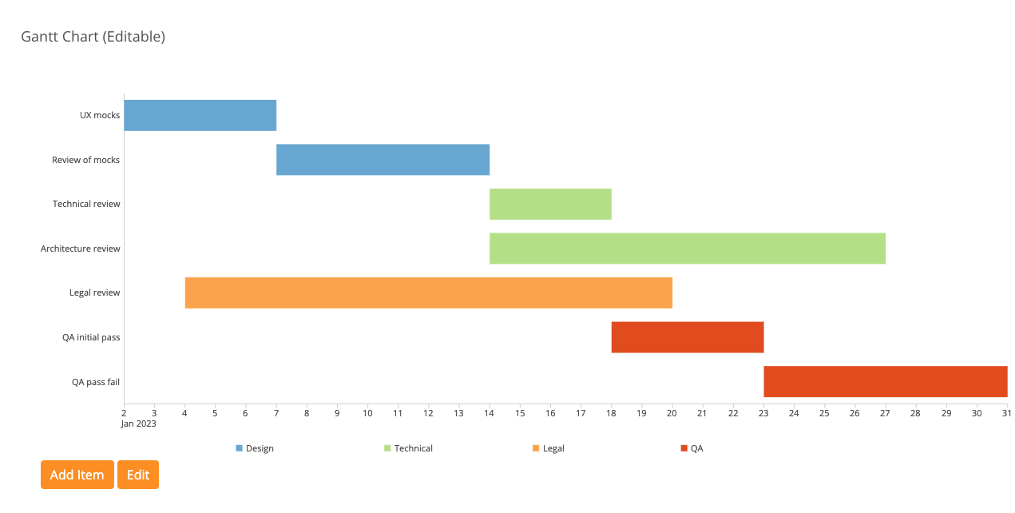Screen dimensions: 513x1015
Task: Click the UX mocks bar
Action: coord(200,115)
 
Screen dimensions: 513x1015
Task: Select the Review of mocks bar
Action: coord(383,160)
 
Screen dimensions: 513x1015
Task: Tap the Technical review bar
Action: coord(550,204)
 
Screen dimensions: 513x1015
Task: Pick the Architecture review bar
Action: coord(687,249)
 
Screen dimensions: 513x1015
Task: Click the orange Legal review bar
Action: coord(428,292)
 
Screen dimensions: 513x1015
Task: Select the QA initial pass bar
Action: coord(688,337)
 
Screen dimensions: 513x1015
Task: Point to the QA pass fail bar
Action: coord(885,381)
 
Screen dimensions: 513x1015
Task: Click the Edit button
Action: coord(138,475)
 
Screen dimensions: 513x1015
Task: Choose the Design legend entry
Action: coord(255,448)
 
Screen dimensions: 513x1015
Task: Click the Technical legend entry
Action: coord(408,448)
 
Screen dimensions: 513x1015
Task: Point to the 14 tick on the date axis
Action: coord(490,413)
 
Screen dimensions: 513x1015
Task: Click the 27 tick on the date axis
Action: coord(885,413)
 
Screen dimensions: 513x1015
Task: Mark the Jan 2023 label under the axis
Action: coord(139,424)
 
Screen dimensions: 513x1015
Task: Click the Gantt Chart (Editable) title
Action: coord(93,37)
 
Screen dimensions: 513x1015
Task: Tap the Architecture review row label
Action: coord(81,249)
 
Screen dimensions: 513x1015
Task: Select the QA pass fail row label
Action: coord(96,382)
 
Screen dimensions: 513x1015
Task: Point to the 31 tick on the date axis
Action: coord(1006,413)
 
